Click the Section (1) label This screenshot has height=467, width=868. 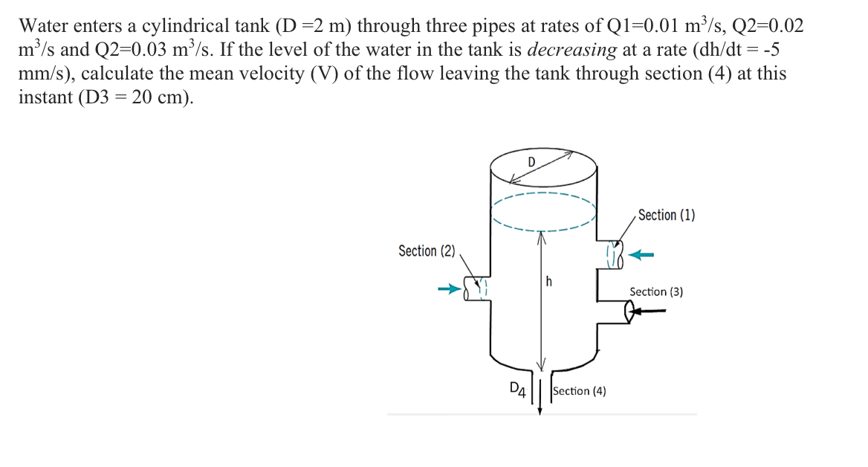pyautogui.click(x=666, y=215)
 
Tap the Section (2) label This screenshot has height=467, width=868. pyautogui.click(x=427, y=251)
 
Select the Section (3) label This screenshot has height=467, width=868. pyautogui.click(x=656, y=292)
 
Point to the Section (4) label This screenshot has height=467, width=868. pyautogui.click(x=580, y=390)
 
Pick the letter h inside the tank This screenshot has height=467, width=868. pyautogui.click(x=549, y=281)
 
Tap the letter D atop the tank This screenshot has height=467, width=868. pyautogui.click(x=531, y=162)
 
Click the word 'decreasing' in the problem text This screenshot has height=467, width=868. pyautogui.click(x=571, y=51)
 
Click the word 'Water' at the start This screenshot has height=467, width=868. pyautogui.click(x=43, y=27)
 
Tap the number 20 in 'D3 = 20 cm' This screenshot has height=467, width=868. pyautogui.click(x=141, y=98)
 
